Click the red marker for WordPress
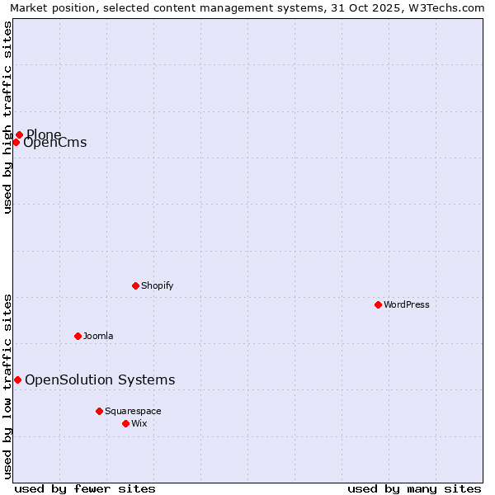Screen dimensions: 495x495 click(378, 304)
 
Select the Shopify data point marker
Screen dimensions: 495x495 click(135, 285)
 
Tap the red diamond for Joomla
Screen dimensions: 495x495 click(78, 336)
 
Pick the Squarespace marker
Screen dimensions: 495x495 click(99, 411)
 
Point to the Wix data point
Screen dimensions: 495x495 click(125, 423)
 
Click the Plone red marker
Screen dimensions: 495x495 click(19, 134)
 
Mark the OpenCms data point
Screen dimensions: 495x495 click(16, 142)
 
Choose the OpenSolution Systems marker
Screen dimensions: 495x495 click(17, 379)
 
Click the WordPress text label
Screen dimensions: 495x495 click(407, 304)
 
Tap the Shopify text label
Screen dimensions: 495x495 click(157, 285)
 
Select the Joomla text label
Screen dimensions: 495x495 click(98, 336)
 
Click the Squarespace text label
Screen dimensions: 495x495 click(133, 411)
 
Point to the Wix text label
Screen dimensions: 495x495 click(139, 423)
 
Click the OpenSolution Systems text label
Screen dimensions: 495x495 click(100, 379)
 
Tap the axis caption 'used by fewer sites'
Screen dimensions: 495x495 click(85, 488)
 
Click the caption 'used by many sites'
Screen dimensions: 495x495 click(414, 488)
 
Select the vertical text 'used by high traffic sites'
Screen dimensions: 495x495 click(7, 117)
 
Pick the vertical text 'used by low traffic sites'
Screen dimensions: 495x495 click(7, 385)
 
